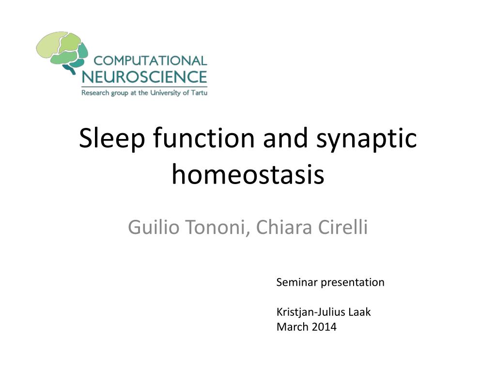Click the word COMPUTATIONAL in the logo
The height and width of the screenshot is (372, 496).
(150, 61)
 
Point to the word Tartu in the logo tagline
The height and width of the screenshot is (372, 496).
(199, 93)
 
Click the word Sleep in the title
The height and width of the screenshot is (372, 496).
(112, 139)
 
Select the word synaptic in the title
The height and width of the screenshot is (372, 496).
(366, 139)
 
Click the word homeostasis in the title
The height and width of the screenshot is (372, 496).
(248, 174)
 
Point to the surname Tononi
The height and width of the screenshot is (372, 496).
(217, 227)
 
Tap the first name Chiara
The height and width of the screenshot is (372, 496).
(284, 227)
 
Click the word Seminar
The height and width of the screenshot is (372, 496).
(297, 282)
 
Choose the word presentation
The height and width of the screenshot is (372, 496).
(353, 282)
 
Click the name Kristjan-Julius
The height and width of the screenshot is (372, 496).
(310, 312)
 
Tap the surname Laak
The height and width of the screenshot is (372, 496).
(360, 312)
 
